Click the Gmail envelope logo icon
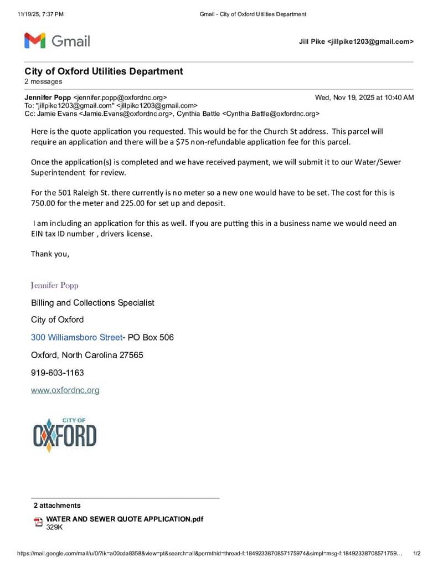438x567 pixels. tap(34, 40)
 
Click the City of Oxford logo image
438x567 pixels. tap(64, 435)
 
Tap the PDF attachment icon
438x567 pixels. tap(38, 522)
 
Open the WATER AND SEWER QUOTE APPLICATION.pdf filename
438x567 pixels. tap(125, 519)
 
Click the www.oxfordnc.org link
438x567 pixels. tap(65, 390)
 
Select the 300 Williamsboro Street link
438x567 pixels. tap(76, 337)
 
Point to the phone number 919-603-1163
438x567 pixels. tap(58, 373)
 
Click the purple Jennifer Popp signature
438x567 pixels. tap(55, 286)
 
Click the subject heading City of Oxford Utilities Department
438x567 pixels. tap(104, 71)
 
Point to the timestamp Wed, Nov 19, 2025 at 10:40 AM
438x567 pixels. tap(364, 97)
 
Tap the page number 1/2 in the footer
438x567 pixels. tap(417, 553)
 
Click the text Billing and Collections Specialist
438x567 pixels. tap(92, 303)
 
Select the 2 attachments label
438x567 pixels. tap(57, 506)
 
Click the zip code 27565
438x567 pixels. tap(130, 355)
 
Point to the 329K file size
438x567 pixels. tap(54, 527)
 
